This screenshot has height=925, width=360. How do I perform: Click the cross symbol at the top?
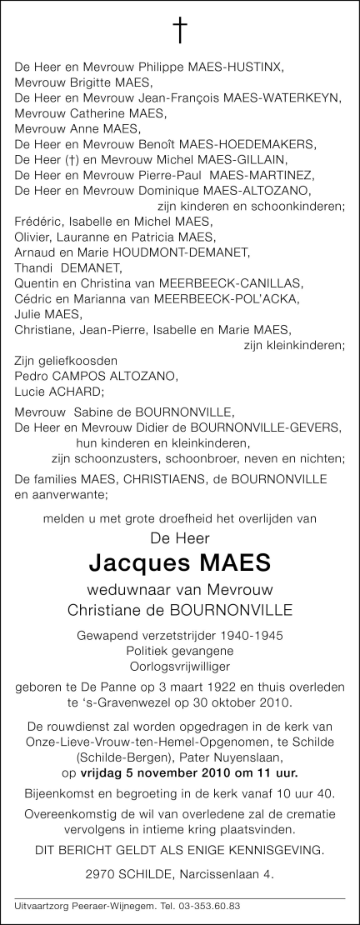(x=180, y=30)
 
